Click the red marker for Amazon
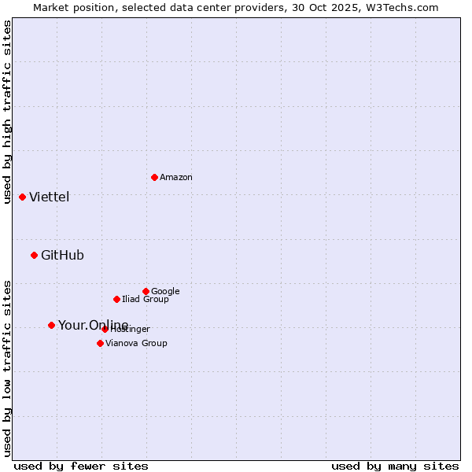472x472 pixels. pyautogui.click(x=154, y=177)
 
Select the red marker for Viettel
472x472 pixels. pyautogui.click(x=22, y=197)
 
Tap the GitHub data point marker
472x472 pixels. pyautogui.click(x=34, y=255)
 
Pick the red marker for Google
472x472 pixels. pyautogui.click(x=146, y=291)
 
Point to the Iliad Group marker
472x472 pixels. pyautogui.click(x=116, y=299)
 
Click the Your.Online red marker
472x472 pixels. pyautogui.click(x=51, y=325)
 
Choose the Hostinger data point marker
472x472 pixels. pyautogui.click(x=105, y=329)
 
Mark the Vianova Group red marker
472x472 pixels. pyautogui.click(x=100, y=343)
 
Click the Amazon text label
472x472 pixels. pyautogui.click(x=176, y=178)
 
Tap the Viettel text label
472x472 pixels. pyautogui.click(x=50, y=197)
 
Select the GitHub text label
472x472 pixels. pyautogui.click(x=62, y=256)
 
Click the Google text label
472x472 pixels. pyautogui.click(x=165, y=292)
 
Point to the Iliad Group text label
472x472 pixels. pyautogui.click(x=146, y=300)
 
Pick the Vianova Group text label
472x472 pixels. pyautogui.click(x=136, y=344)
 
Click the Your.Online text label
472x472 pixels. pyautogui.click(x=93, y=326)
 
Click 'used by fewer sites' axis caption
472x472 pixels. pyautogui.click(x=81, y=466)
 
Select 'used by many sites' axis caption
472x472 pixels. pyautogui.click(x=395, y=466)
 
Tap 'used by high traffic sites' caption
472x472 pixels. pyautogui.click(x=8, y=112)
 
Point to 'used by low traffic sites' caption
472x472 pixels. pyautogui.click(x=8, y=368)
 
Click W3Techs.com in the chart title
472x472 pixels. pyautogui.click(x=405, y=7)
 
